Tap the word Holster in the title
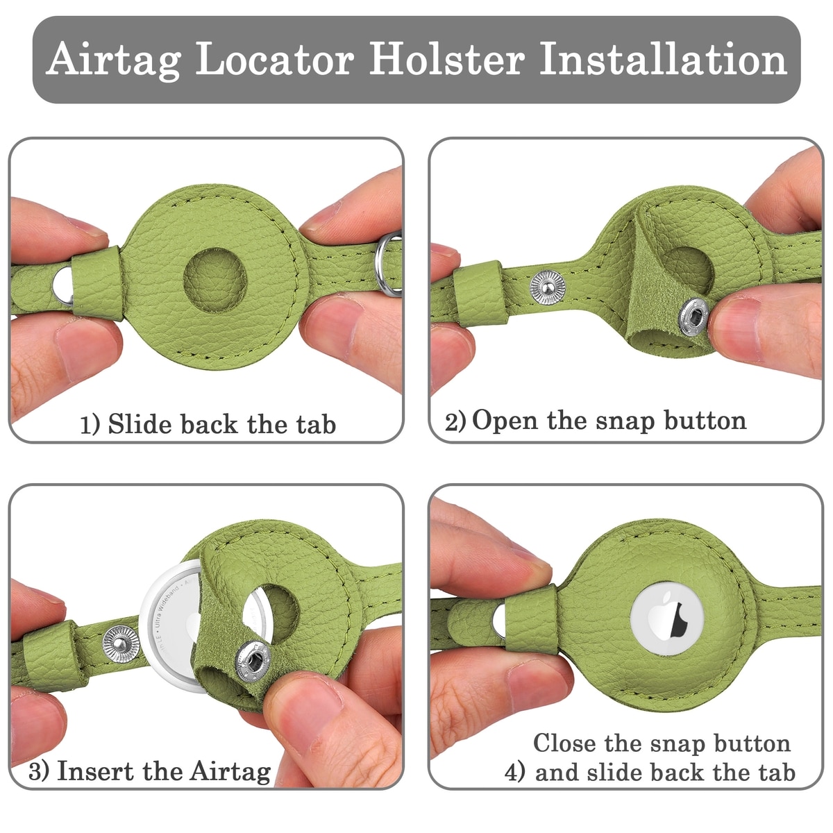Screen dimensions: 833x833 click(448, 58)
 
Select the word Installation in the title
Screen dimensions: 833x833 click(663, 58)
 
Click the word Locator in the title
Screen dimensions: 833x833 click(275, 59)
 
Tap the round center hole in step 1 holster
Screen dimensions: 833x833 click(214, 280)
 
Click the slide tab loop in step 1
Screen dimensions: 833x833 click(97, 283)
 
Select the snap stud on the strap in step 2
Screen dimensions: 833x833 click(548, 287)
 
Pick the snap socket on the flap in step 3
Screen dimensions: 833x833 click(253, 661)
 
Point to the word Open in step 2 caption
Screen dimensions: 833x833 click(505, 421)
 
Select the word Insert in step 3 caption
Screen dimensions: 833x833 click(95, 771)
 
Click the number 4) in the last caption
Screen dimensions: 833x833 click(515, 773)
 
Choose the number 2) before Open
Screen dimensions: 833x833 click(455, 421)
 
